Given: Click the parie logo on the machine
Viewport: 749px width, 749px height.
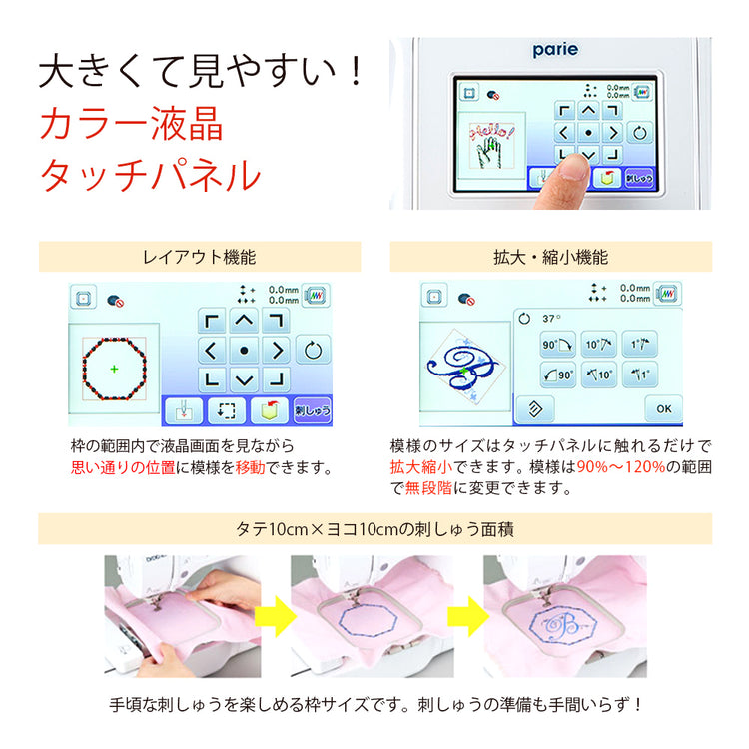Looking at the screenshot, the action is (x=555, y=50).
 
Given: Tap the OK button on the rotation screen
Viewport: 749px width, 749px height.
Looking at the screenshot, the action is (x=663, y=408).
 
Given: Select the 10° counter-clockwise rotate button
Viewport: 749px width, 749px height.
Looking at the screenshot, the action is (x=599, y=374).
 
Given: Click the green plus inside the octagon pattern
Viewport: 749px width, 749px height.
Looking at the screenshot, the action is (x=114, y=369).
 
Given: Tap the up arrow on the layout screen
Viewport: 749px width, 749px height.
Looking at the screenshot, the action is (x=244, y=321).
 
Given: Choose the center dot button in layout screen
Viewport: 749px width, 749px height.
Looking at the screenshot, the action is (x=244, y=351).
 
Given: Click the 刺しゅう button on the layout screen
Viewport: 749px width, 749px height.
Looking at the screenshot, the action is (x=312, y=410).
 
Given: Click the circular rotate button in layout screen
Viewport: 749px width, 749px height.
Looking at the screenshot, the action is (x=313, y=351).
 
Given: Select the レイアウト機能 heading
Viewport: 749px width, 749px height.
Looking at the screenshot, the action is (x=199, y=257).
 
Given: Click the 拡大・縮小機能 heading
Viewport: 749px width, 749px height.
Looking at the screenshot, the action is (x=550, y=257).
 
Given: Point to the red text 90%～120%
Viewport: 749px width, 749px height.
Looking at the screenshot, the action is (x=621, y=466).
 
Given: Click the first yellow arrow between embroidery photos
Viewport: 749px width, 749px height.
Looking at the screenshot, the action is (x=276, y=616).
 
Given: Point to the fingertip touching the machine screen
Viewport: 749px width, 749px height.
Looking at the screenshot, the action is (x=572, y=167).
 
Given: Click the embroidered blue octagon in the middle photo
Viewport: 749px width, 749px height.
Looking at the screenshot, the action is (x=369, y=620).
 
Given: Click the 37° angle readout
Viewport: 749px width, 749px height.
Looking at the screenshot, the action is (x=551, y=319).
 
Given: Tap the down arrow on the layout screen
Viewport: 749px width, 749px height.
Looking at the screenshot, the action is (x=244, y=380).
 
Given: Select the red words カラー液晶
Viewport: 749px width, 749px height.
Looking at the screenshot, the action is (x=132, y=124).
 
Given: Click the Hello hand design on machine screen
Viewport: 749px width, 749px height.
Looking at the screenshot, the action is (x=492, y=145).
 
